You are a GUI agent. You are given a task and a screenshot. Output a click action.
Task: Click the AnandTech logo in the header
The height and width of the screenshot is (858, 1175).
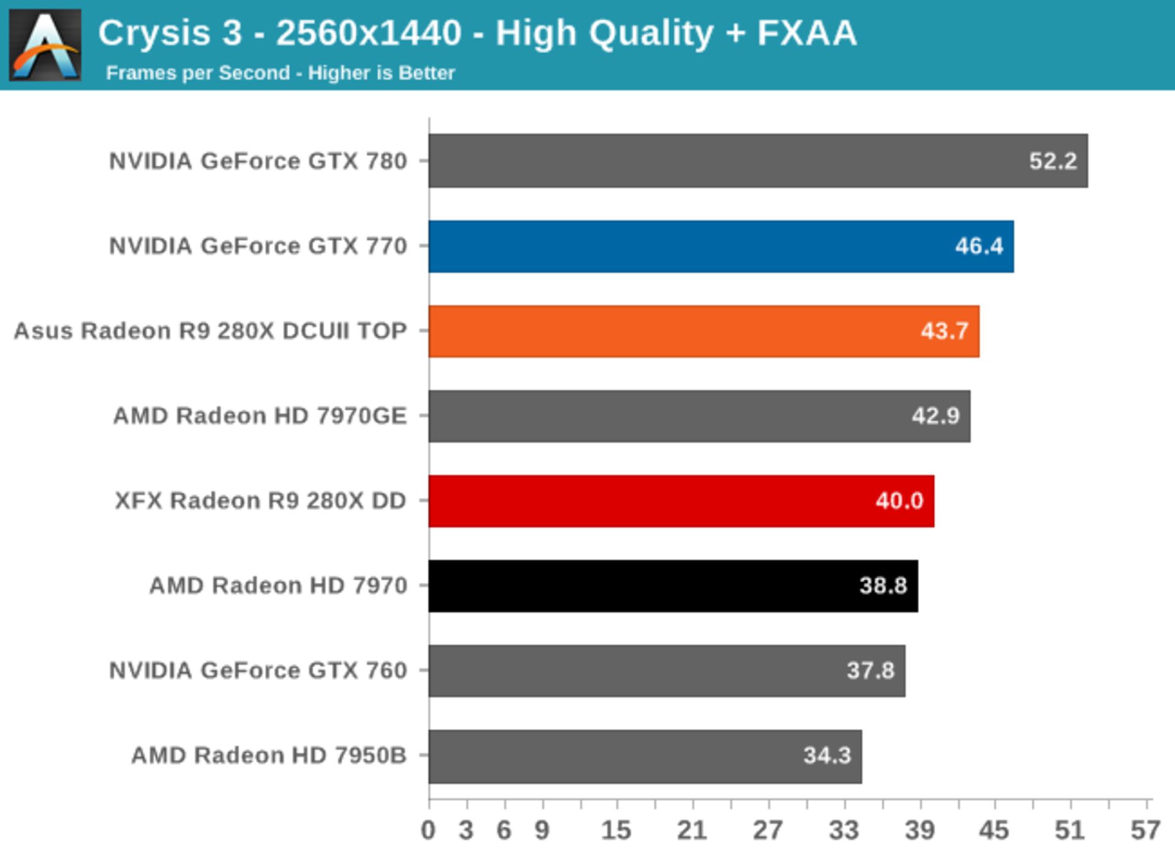tap(45, 45)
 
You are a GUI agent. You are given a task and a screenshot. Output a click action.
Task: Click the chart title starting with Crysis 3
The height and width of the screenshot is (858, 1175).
tap(477, 33)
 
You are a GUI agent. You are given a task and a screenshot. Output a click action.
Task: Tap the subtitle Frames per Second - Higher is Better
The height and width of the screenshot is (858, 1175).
tap(280, 73)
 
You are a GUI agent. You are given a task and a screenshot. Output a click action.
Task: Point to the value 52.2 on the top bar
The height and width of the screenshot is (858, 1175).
tap(1053, 161)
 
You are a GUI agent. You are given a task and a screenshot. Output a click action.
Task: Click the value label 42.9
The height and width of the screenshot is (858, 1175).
tap(936, 416)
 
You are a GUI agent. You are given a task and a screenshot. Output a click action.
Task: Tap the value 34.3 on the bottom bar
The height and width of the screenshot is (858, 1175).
tap(827, 755)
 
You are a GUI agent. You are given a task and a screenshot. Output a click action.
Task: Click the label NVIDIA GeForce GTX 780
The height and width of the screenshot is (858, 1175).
tap(258, 161)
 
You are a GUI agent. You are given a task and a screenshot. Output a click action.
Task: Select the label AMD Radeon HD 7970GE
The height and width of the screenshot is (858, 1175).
tap(260, 416)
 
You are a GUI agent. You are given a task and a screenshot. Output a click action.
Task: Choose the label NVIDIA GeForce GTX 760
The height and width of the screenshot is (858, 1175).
tap(258, 671)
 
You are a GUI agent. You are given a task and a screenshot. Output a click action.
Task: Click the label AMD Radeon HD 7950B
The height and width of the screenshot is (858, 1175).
tap(269, 755)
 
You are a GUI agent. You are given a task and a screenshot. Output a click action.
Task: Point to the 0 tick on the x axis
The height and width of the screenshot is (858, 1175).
tap(428, 830)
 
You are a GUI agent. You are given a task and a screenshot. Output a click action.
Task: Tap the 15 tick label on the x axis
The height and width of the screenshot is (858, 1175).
tap(616, 830)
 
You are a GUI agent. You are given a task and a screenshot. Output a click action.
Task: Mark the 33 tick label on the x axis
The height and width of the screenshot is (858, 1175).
tap(844, 830)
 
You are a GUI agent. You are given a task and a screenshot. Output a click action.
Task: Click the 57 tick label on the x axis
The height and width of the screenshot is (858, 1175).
tap(1145, 830)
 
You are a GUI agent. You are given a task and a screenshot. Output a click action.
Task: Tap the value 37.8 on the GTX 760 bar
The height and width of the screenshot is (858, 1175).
tap(870, 671)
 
